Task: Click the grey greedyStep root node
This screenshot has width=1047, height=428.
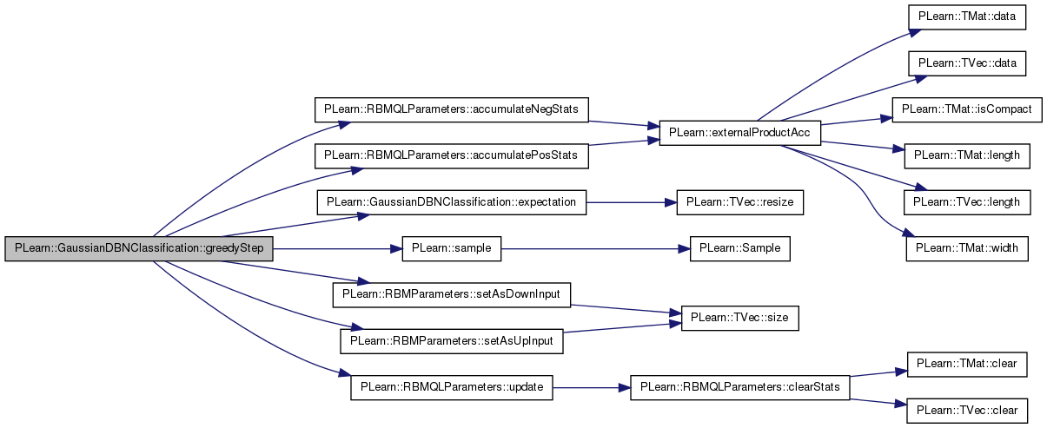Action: click(x=139, y=248)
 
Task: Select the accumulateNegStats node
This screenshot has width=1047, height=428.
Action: click(x=452, y=109)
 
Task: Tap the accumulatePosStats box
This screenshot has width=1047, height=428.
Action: click(x=452, y=156)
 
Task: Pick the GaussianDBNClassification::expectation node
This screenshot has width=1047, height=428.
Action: click(x=452, y=202)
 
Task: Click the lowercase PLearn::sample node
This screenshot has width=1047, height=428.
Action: click(x=452, y=248)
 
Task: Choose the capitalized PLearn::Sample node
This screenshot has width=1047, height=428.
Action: click(x=740, y=248)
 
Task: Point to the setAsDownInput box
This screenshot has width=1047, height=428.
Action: click(x=452, y=295)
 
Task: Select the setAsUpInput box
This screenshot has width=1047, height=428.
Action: click(x=452, y=341)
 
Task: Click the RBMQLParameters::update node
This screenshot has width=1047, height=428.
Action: click(x=452, y=387)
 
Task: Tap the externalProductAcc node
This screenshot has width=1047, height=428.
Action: click(x=740, y=133)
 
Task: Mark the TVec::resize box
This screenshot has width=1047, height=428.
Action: click(x=740, y=202)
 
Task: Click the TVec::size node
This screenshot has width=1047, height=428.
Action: click(x=740, y=319)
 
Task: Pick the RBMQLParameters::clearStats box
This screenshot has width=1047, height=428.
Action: click(x=740, y=387)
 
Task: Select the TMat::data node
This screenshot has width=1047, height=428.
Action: click(x=967, y=16)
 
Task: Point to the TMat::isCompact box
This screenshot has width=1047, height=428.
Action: click(x=967, y=109)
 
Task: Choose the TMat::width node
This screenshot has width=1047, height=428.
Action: click(x=967, y=248)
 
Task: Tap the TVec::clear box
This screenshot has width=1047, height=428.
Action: click(x=967, y=411)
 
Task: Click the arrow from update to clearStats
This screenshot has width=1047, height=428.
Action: click(x=592, y=388)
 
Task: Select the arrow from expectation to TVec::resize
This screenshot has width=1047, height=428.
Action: click(x=631, y=203)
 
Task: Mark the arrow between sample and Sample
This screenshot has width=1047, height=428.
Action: click(x=595, y=249)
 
